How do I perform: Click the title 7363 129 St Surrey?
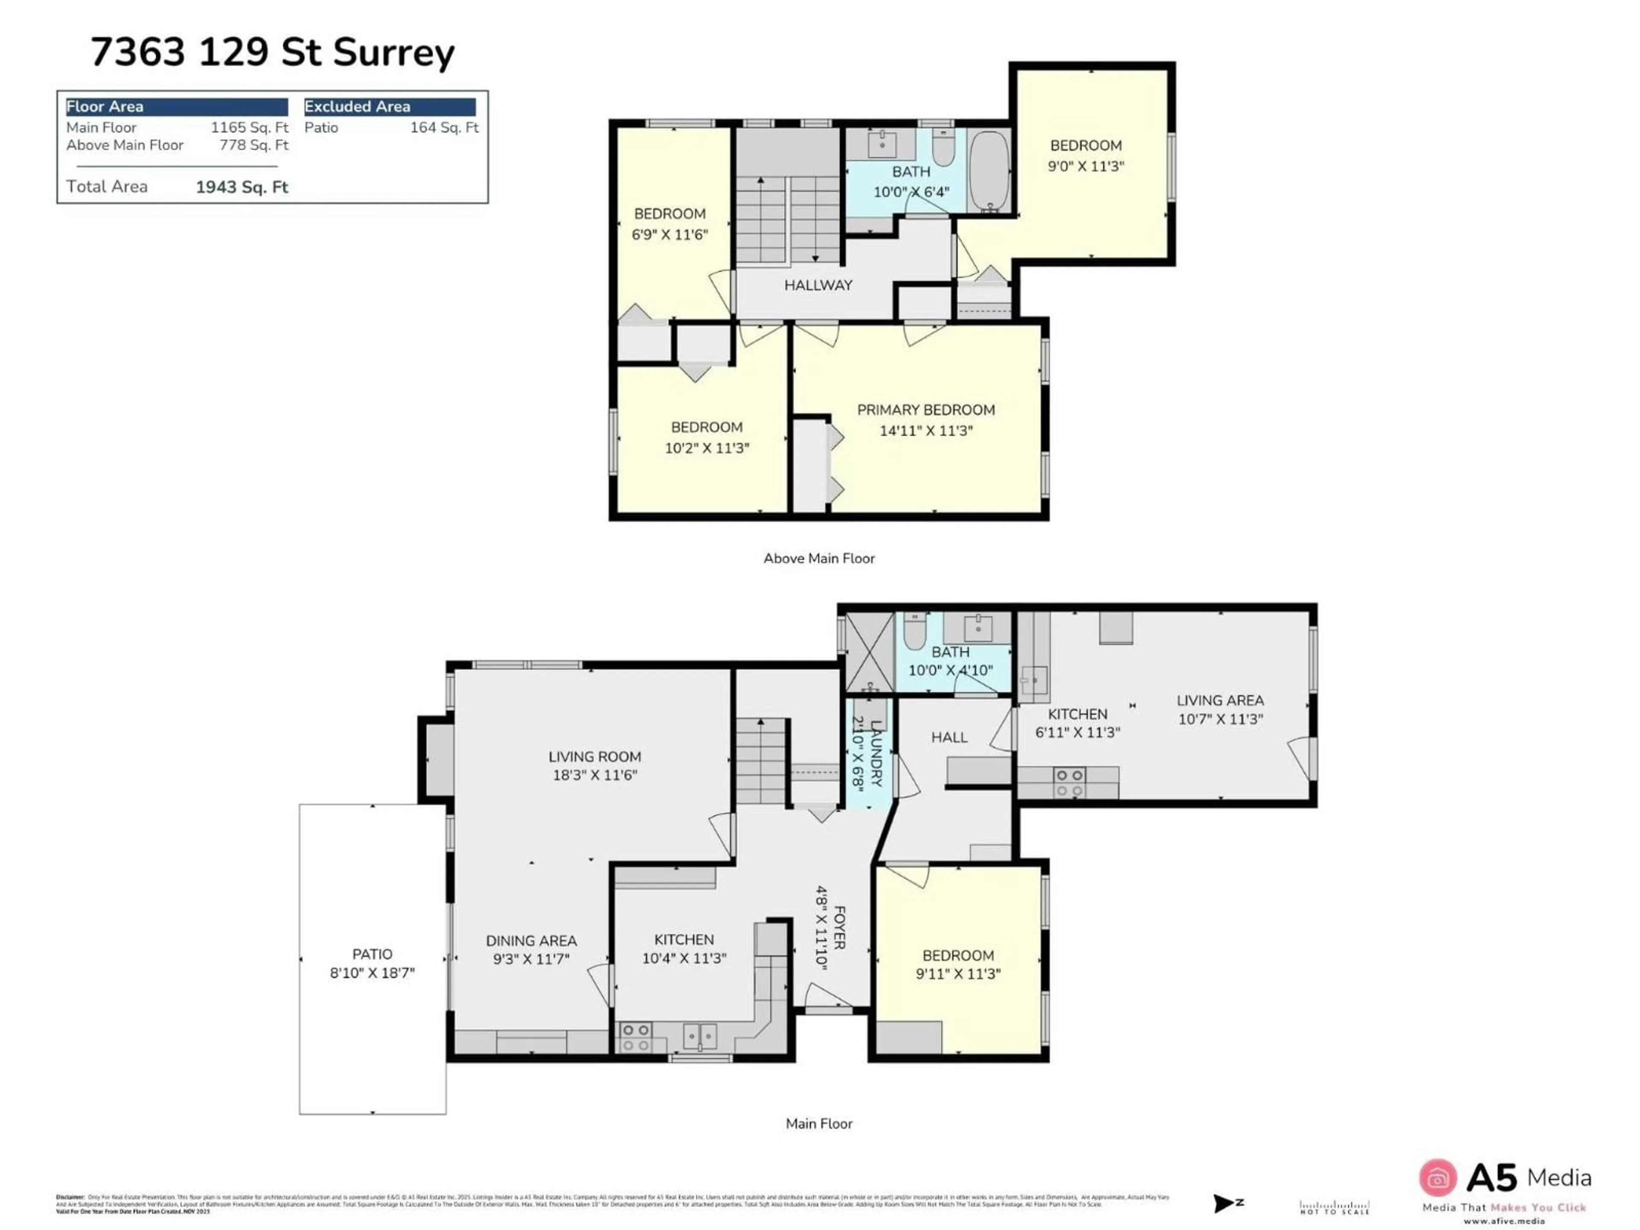tap(272, 53)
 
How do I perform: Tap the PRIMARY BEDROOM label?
tap(925, 410)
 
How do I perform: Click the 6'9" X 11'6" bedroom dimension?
tap(670, 235)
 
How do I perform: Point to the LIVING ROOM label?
tap(594, 757)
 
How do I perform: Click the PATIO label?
tap(372, 954)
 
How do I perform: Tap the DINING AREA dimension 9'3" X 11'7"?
tap(531, 959)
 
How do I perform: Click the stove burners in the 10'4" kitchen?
tap(635, 1037)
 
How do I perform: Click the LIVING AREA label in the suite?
tap(1220, 700)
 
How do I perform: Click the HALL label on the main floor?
tap(949, 737)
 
